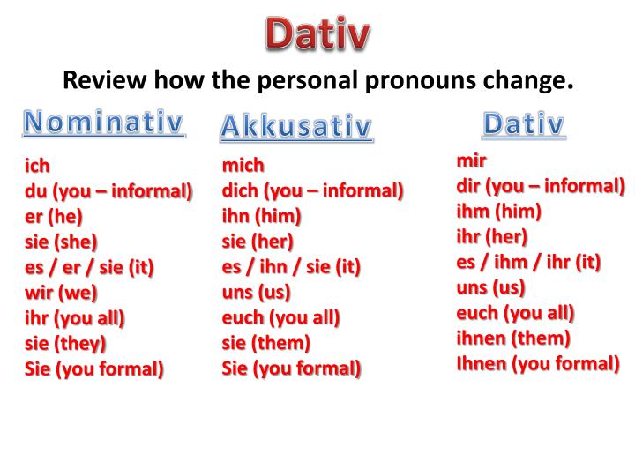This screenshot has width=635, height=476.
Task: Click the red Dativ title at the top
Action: pyautogui.click(x=318, y=34)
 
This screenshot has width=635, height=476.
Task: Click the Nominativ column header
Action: pyautogui.click(x=103, y=123)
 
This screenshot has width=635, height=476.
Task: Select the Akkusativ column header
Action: pyautogui.click(x=295, y=128)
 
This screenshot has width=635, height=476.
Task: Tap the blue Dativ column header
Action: pyautogui.click(x=523, y=125)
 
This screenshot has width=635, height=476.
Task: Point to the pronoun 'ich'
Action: pyautogui.click(x=36, y=165)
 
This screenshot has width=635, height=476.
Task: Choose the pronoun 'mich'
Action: pyautogui.click(x=243, y=165)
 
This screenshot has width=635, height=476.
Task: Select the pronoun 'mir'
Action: pyautogui.click(x=471, y=160)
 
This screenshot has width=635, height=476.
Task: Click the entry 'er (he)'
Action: pyautogui.click(x=53, y=216)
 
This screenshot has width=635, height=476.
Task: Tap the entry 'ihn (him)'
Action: pyautogui.click(x=261, y=216)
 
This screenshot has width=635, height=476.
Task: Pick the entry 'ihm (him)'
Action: pyautogui.click(x=498, y=211)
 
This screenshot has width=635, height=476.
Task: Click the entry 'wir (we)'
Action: pyautogui.click(x=61, y=292)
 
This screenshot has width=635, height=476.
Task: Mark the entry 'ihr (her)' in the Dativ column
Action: pyautogui.click(x=491, y=236)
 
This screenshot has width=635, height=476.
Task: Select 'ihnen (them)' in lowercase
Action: pyautogui.click(x=513, y=338)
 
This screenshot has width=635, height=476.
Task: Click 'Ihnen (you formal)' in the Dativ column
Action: pyautogui.click(x=537, y=363)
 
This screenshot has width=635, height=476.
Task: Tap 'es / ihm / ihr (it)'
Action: pyautogui.click(x=528, y=262)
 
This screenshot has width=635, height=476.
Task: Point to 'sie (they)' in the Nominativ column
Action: pyautogui.click(x=65, y=343)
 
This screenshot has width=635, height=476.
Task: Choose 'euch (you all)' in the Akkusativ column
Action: pyautogui.click(x=280, y=317)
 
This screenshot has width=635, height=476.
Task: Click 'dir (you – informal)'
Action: pyautogui.click(x=540, y=186)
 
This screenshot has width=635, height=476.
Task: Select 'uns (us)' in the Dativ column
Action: pyautogui.click(x=490, y=287)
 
